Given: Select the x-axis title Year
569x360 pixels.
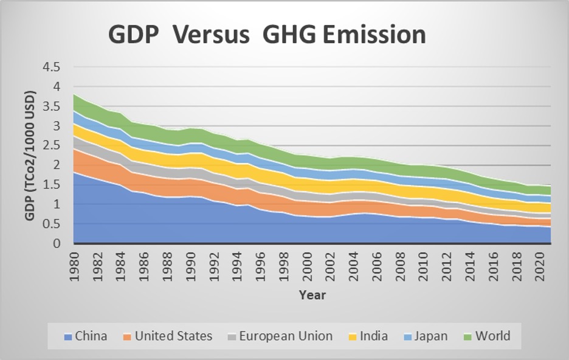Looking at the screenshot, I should coord(312,296).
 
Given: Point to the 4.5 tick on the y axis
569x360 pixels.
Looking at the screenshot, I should coord(52,67).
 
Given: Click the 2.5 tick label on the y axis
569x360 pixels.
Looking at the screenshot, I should coord(52,145).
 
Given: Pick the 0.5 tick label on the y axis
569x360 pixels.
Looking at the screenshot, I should coord(52,224).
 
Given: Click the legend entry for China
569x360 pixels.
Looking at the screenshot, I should coord(91,336).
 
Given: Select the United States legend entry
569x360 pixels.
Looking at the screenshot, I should coord(173,336).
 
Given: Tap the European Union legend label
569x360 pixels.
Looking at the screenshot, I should coord(285,336).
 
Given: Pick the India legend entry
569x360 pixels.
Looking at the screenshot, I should coord(373,336).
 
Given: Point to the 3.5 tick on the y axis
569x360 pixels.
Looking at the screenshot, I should coord(52,106).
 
